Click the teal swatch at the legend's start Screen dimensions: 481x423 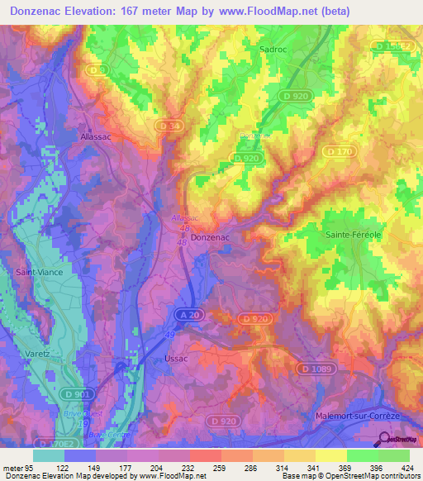49,455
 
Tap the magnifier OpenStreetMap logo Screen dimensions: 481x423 385,439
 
